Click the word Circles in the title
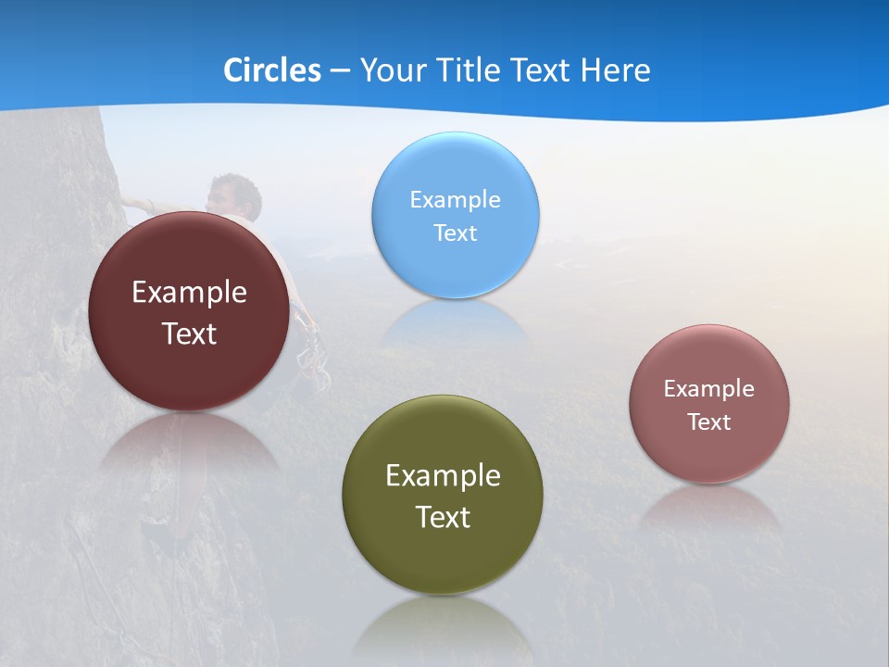(x=271, y=70)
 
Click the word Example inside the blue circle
(x=455, y=199)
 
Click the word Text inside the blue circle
(x=455, y=233)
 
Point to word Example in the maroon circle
(x=189, y=293)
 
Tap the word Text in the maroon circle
(x=189, y=333)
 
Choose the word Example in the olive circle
(x=443, y=476)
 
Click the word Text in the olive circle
(x=443, y=517)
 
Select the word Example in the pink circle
(x=708, y=388)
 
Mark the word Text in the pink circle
(x=708, y=422)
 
